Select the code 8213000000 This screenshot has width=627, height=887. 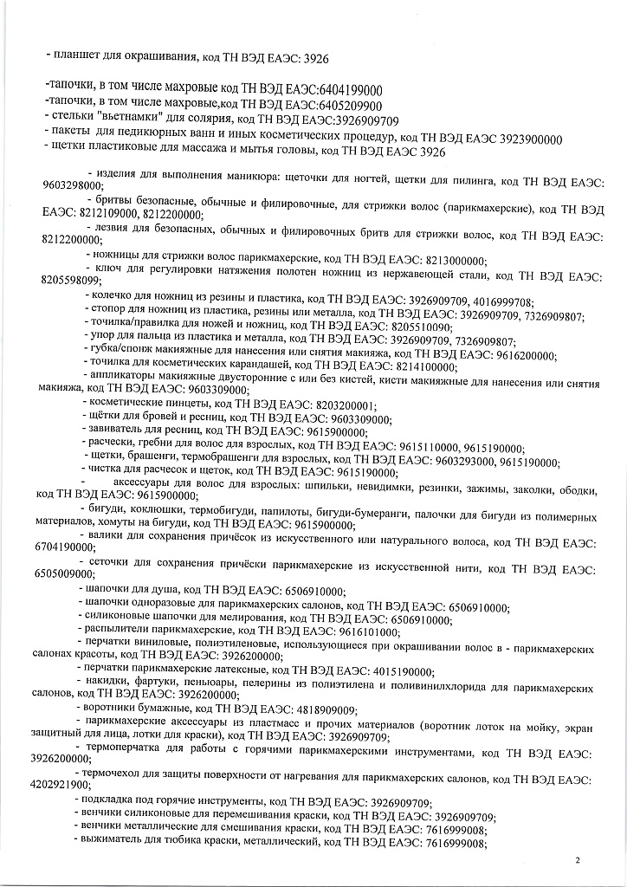(451, 260)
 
